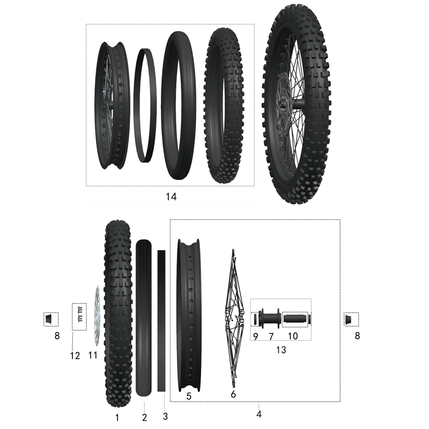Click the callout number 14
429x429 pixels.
tap(171, 197)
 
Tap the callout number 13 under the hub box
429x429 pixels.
tap(280, 350)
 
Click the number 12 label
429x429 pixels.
tap(75, 355)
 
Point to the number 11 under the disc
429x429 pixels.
tap(93, 354)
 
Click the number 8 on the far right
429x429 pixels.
tap(358, 336)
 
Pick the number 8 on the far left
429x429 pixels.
tap(57, 336)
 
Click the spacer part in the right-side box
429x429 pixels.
tap(351, 319)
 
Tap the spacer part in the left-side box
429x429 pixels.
tap(50, 319)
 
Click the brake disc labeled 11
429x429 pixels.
tap(97, 316)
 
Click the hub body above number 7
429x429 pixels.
tap(270, 319)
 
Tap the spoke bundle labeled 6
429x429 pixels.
tap(233, 316)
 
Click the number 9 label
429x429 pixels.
tap(255, 336)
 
